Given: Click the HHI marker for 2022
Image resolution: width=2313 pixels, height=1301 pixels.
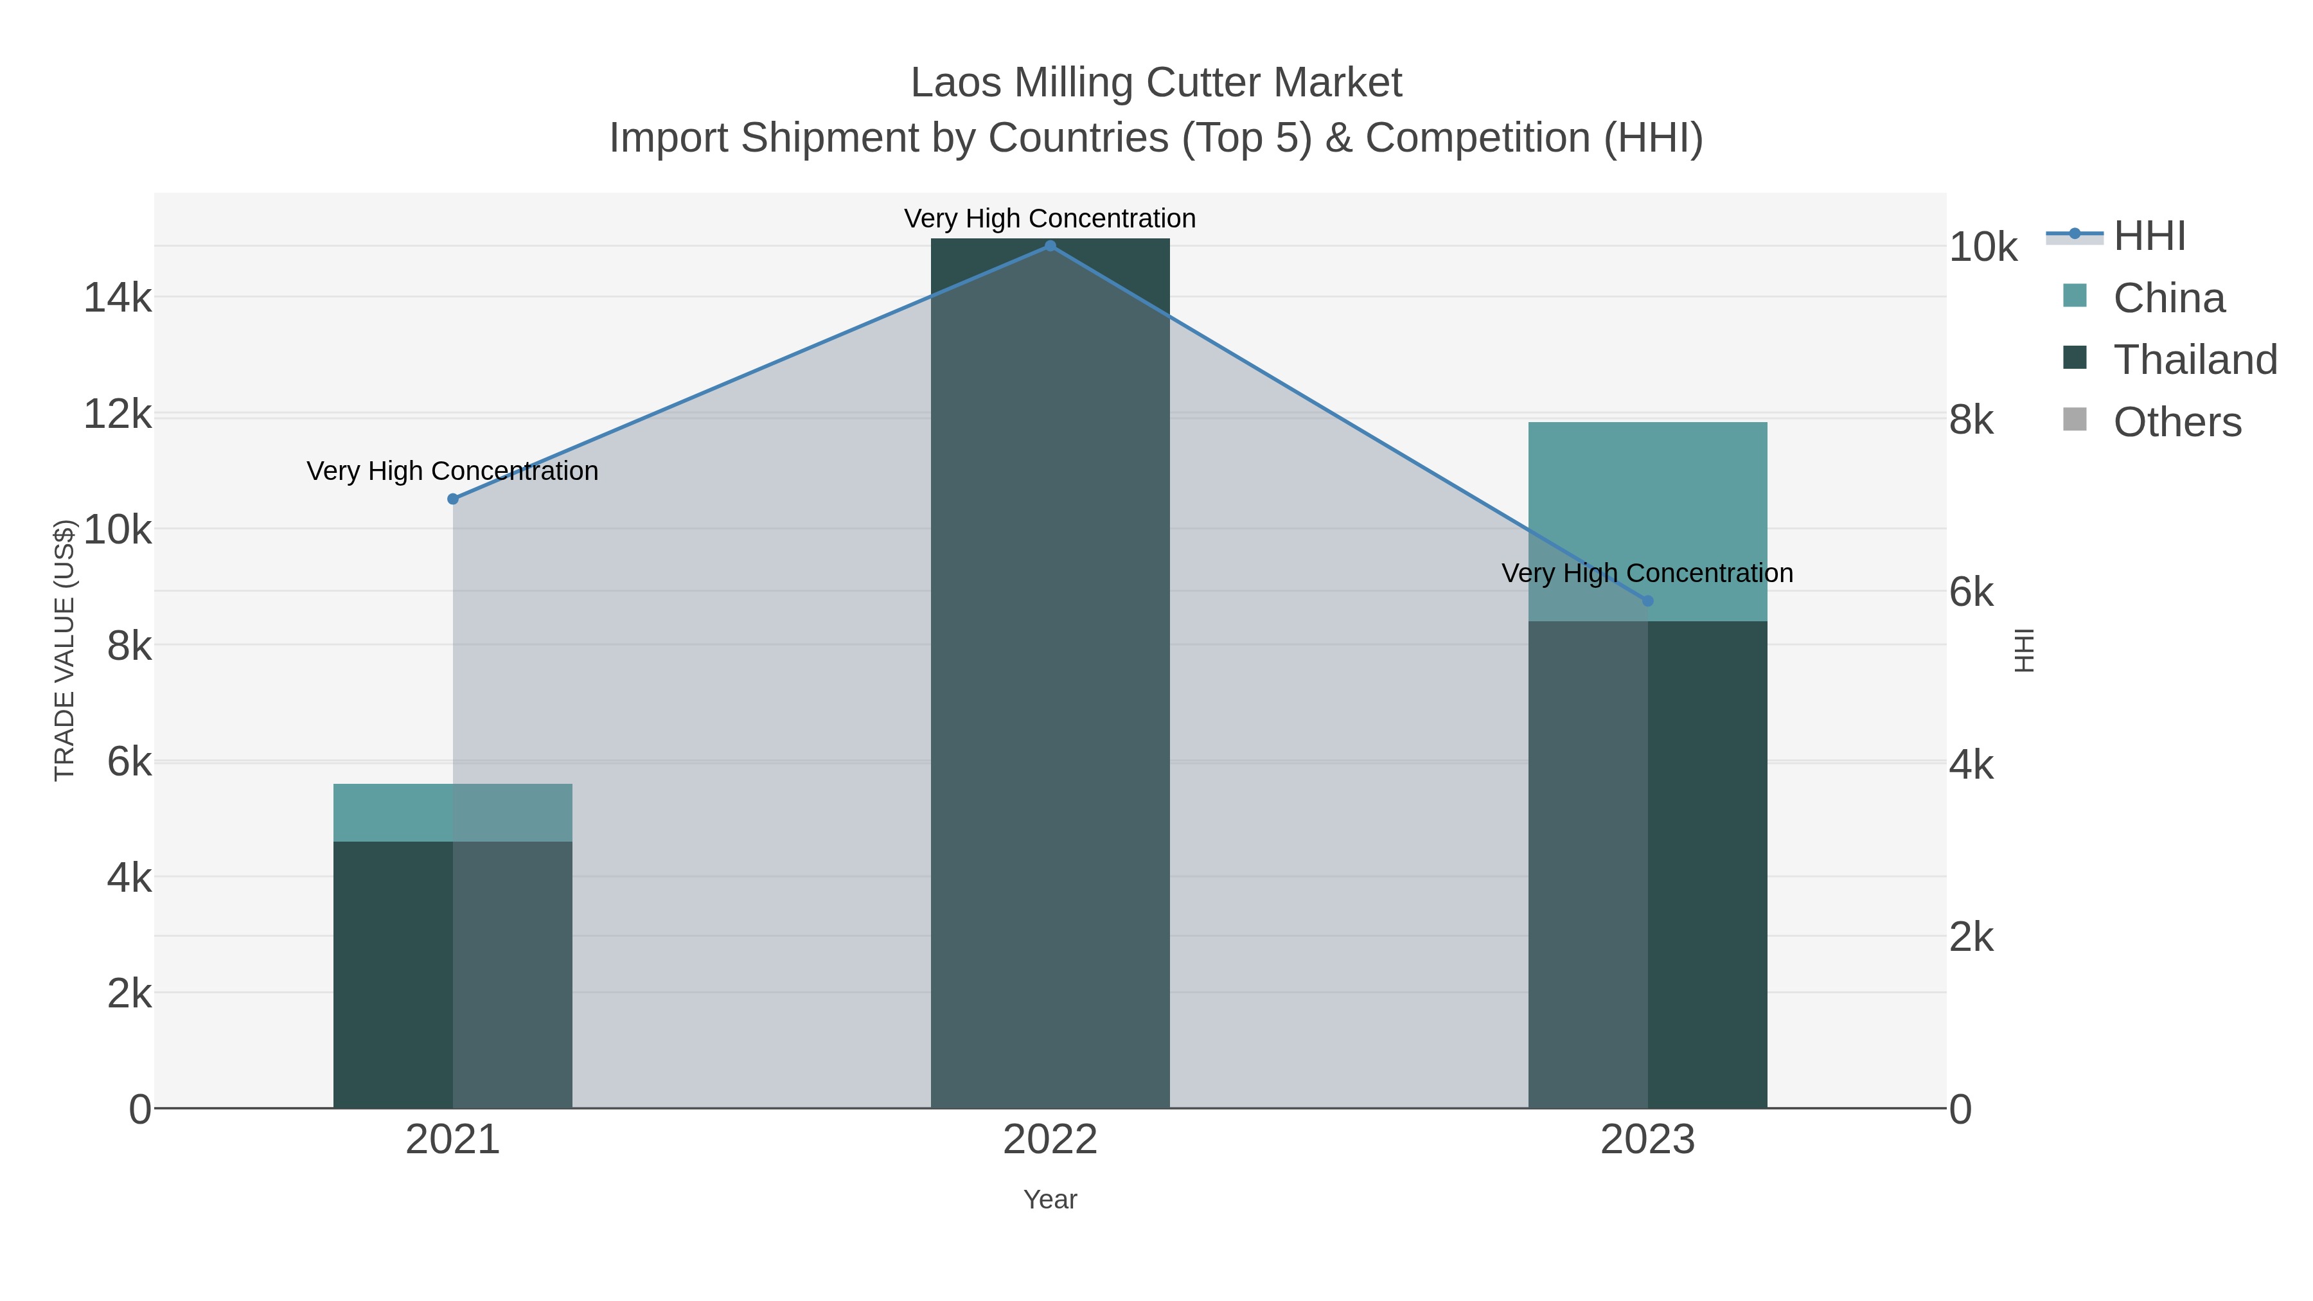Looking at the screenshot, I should coord(1050,246).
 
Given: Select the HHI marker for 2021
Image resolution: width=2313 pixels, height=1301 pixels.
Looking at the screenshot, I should coord(452,499).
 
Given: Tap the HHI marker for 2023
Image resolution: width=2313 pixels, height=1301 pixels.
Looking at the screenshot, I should coord(1647,601).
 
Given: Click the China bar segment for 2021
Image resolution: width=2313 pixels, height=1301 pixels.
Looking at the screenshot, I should coord(452,813).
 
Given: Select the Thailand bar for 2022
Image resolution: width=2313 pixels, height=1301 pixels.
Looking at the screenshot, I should coord(1050,673).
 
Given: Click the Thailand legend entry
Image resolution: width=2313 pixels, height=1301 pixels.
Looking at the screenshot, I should coord(2195,360).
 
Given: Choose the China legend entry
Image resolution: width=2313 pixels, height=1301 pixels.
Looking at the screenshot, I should coord(2168,298).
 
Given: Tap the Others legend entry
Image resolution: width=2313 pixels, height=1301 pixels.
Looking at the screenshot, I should coord(2177,422).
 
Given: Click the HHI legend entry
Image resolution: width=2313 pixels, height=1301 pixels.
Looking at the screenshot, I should coord(2149,236).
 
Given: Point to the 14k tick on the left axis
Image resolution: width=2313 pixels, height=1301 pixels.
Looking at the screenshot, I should coord(118,298).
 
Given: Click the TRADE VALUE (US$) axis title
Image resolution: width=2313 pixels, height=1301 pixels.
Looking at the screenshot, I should coord(65,650).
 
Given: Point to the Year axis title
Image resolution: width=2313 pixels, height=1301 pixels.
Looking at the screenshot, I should coord(1050,1199).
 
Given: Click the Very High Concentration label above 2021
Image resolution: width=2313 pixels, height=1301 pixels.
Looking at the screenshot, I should coord(452,472).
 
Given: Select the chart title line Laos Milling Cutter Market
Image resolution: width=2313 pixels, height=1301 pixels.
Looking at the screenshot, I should coord(1156,84).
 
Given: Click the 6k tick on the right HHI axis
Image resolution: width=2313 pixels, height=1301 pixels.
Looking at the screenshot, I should coord(1971,592).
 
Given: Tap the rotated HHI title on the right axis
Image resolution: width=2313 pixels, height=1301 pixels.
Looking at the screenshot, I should coord(2024,650).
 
